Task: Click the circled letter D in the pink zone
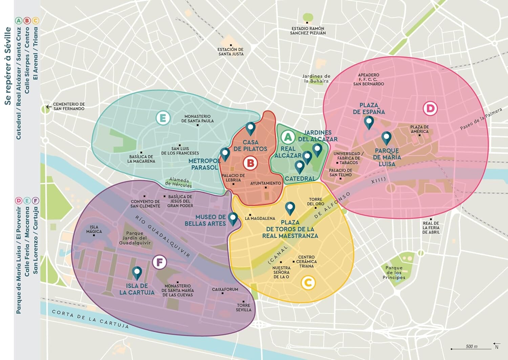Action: (430, 109)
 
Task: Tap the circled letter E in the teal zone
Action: (163, 118)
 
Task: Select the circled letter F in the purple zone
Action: (160, 262)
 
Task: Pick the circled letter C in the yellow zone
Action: (308, 283)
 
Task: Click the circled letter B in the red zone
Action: (250, 163)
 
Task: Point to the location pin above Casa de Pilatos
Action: (250, 128)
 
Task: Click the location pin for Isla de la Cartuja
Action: (137, 273)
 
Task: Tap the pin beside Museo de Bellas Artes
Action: (233, 219)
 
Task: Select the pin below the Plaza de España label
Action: (369, 122)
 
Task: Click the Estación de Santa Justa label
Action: (231, 52)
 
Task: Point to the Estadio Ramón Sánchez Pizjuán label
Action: (308, 31)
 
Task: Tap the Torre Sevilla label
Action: (244, 307)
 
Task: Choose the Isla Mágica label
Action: (94, 229)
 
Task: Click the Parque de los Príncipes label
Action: (394, 273)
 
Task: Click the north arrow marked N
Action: (496, 345)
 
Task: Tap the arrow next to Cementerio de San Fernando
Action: (49, 107)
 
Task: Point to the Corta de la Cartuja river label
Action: (90, 319)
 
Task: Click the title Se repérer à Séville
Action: (8, 66)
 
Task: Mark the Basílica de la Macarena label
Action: (141, 159)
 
